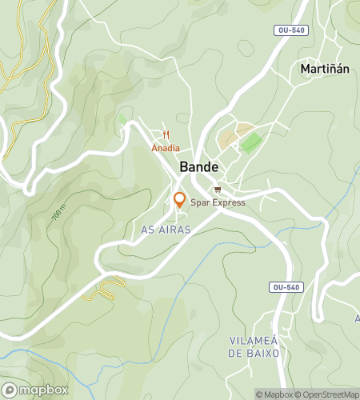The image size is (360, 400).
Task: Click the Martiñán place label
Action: (x=325, y=69)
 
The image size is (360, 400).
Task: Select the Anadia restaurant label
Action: (x=166, y=148)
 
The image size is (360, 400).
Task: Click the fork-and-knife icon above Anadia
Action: (x=166, y=135)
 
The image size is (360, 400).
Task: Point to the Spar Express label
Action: (x=218, y=202)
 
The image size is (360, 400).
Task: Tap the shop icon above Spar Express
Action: (x=218, y=190)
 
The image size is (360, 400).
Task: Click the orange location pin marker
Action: (x=180, y=199)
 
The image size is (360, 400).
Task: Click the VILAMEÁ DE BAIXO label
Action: (x=253, y=346)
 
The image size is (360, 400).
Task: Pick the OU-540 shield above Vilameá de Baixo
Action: (x=286, y=286)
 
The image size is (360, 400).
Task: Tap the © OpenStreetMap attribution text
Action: (x=330, y=394)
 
